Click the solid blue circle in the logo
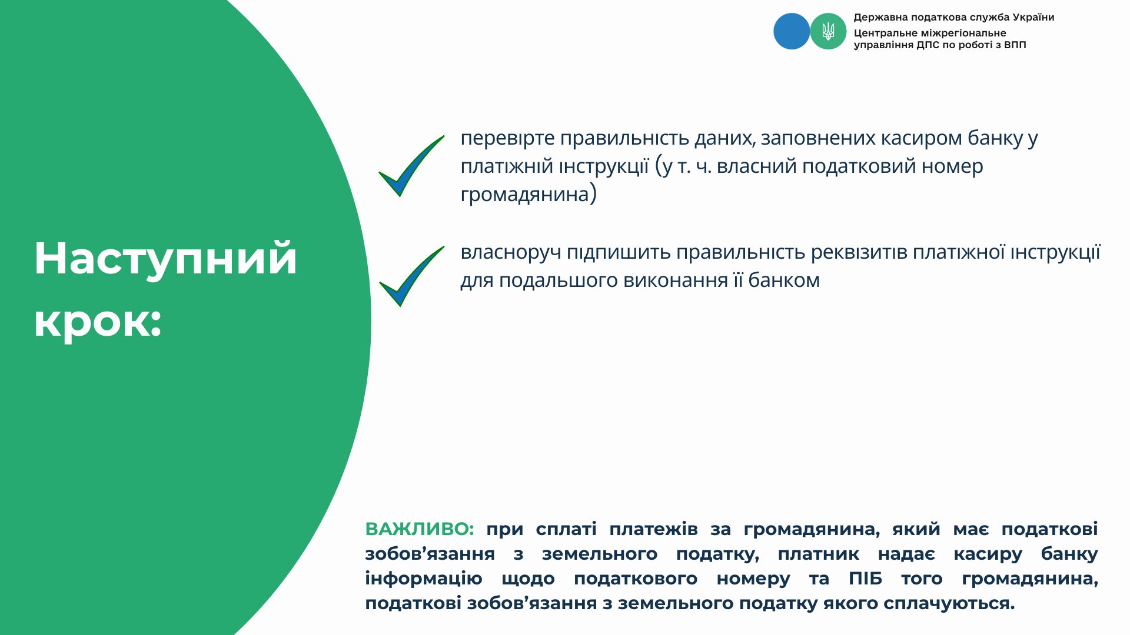point(792,31)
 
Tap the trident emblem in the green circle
point(828,31)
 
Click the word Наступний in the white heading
point(165,259)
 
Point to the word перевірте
point(507,139)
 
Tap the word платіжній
point(507,166)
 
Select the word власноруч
point(511,253)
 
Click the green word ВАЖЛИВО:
point(420,529)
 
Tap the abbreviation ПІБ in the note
point(865,579)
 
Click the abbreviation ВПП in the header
point(1015,45)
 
